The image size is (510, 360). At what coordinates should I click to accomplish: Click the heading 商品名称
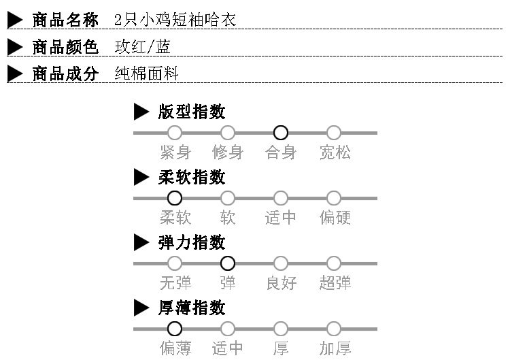[65, 20]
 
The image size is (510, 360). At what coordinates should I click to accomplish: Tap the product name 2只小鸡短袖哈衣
[175, 20]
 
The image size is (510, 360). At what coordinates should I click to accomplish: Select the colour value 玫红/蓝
[143, 47]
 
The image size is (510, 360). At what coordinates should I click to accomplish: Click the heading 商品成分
[65, 74]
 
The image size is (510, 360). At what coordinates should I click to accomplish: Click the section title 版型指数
[192, 112]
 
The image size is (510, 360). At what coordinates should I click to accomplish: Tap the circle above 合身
[281, 133]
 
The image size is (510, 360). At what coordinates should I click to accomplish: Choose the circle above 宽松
[334, 133]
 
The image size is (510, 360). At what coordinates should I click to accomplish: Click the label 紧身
[175, 152]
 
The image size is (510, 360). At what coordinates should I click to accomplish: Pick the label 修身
[228, 152]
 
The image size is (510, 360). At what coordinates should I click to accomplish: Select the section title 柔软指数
[192, 178]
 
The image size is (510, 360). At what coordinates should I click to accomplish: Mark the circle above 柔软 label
[175, 198]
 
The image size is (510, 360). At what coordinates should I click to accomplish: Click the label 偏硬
[335, 218]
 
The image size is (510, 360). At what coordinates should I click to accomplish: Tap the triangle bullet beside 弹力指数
[141, 243]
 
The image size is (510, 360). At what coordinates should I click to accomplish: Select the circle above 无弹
[175, 263]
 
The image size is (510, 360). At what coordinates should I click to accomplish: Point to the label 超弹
[335, 283]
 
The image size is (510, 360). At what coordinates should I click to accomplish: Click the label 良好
[281, 283]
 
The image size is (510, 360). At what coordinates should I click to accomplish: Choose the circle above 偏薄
[175, 329]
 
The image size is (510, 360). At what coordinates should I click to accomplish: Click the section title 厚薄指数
[192, 308]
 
